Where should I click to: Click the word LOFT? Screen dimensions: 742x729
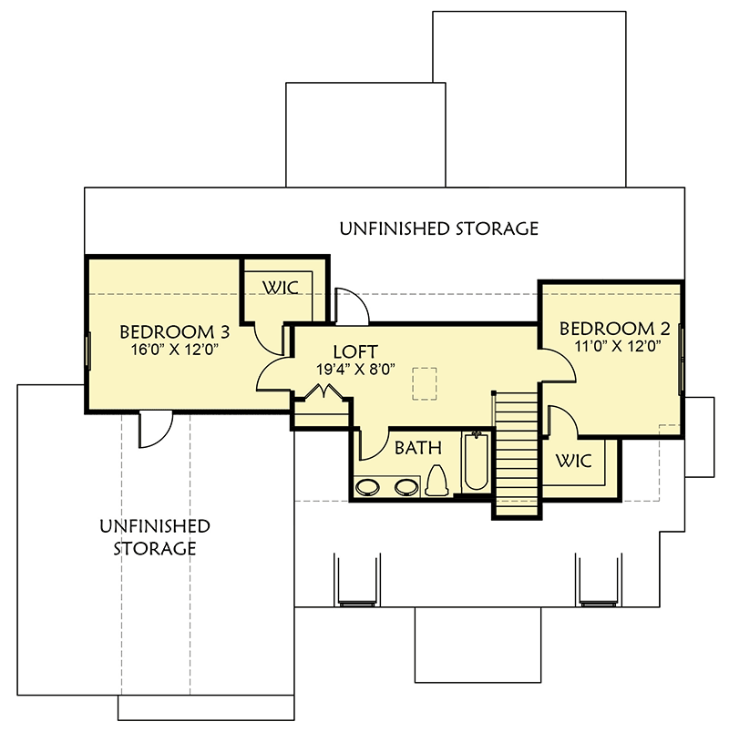coord(355,351)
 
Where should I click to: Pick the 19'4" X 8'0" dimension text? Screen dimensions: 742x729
coord(355,370)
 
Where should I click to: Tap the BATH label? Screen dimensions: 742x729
coord(418,447)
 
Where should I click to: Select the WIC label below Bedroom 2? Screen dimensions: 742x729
coord(573,462)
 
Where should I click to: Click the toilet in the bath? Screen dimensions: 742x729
coord(436,480)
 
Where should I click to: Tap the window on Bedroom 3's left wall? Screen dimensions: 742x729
coord(87,349)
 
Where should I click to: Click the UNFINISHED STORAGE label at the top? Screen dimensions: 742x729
coord(438,228)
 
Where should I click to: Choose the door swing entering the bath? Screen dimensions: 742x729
coord(372,444)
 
